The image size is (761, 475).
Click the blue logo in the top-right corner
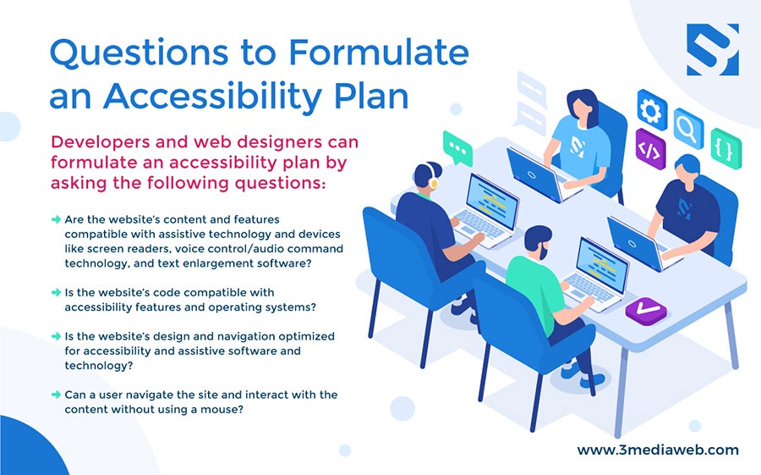click(713, 50)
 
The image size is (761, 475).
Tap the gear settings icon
click(651, 110)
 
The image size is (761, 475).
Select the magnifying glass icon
click(688, 128)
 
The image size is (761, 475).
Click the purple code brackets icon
click(650, 149)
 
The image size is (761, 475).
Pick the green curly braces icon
click(726, 148)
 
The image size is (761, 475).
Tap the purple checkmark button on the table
click(646, 310)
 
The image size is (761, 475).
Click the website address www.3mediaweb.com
click(658, 450)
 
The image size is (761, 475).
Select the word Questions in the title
click(139, 52)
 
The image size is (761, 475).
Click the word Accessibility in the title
click(212, 97)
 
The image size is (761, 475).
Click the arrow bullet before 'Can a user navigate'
click(56, 395)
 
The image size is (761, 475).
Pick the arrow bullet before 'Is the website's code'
click(56, 292)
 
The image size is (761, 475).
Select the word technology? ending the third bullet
click(99, 366)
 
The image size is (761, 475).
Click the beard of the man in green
click(544, 251)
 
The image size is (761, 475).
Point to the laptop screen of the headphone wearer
click(491, 202)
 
